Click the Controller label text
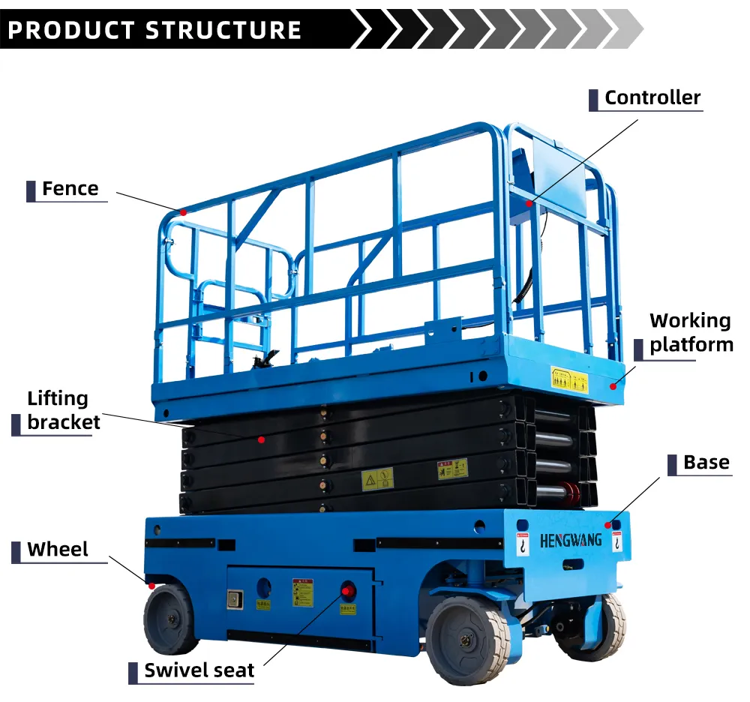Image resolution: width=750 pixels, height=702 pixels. tap(652, 97)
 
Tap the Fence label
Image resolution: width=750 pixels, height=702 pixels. tap(70, 189)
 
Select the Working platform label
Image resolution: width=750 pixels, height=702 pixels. tap(691, 332)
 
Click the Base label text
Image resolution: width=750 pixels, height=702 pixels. tap(706, 463)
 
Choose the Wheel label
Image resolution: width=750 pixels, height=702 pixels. tap(58, 550)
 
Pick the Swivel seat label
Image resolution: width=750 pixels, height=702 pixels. tap(199, 670)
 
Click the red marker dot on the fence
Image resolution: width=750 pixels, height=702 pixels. tap(183, 212)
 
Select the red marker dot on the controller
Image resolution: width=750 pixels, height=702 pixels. tap(529, 202)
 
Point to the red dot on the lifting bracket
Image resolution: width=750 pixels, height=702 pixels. tap(262, 439)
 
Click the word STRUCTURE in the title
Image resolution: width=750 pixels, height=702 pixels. tap(223, 30)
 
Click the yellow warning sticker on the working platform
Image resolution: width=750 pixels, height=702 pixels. tap(569, 379)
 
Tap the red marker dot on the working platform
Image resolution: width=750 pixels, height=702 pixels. tap(613, 386)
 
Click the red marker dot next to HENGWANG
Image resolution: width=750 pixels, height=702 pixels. tap(607, 525)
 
